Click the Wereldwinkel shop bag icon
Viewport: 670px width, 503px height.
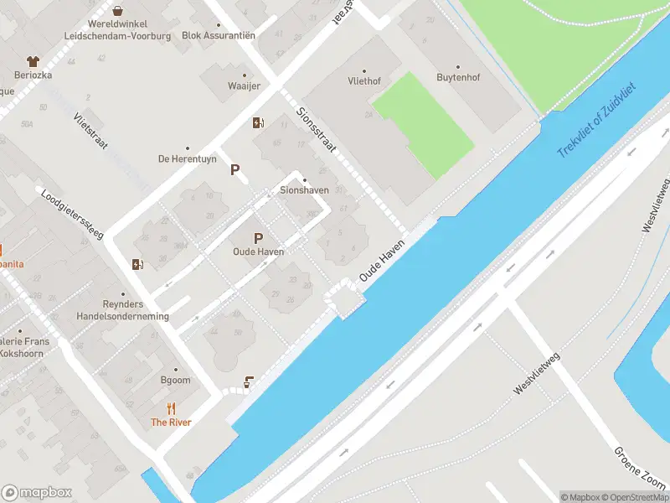[x=118, y=11]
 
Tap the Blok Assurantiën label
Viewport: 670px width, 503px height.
[x=218, y=35]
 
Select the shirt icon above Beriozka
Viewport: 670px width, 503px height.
[x=33, y=61]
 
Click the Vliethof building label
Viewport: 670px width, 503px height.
[x=363, y=82]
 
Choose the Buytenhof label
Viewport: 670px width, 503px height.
[x=457, y=77]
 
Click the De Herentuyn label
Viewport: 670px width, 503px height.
[x=187, y=158]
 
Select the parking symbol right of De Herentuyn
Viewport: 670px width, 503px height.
[x=235, y=170]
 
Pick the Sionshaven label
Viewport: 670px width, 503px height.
[x=303, y=190]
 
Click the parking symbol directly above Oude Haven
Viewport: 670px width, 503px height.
[x=258, y=238]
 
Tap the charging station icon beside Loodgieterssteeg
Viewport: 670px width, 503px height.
[x=137, y=265]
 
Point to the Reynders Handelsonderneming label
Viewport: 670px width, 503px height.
[x=123, y=310]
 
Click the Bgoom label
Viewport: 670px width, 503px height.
[x=176, y=380]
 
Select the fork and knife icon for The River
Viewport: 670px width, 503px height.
[x=171, y=408]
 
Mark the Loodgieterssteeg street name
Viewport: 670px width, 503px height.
[x=71, y=212]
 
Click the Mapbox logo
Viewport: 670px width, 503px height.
[x=37, y=493]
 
